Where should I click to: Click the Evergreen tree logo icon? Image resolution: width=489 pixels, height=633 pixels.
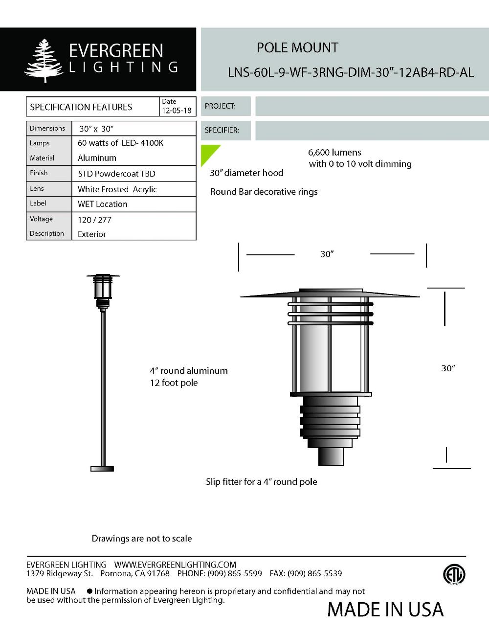[44, 60]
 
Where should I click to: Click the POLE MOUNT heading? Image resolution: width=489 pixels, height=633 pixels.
[297, 48]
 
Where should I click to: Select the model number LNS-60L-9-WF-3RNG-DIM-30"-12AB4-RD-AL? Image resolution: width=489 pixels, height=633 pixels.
[351, 72]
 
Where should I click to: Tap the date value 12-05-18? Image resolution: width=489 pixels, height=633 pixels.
[177, 111]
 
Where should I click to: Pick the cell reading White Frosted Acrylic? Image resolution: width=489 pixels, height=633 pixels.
[117, 189]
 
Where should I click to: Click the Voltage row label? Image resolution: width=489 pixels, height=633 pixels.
[41, 219]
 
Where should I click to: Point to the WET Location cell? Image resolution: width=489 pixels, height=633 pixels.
[103, 204]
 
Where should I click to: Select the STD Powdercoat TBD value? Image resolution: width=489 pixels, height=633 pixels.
[116, 174]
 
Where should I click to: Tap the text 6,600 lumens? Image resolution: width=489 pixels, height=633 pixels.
[334, 152]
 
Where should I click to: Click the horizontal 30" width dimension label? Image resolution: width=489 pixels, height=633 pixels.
[327, 254]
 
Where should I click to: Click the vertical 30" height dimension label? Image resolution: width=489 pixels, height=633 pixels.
[448, 368]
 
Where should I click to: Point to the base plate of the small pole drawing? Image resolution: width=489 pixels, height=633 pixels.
[102, 469]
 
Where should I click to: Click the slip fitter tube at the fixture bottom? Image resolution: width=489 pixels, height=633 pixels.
[331, 456]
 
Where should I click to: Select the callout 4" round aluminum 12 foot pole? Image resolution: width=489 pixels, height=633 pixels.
[188, 377]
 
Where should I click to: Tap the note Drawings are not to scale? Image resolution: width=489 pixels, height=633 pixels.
[142, 539]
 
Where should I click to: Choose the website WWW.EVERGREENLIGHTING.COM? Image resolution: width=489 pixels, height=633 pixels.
[175, 565]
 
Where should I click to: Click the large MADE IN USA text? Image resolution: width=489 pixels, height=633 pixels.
[385, 610]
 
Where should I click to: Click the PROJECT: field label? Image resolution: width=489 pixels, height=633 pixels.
[220, 106]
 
